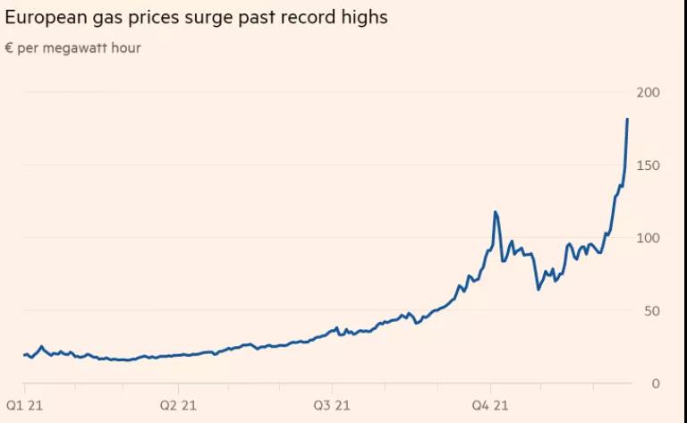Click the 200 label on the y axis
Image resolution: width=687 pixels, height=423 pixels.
649,93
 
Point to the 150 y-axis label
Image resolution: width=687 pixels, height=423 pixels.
649,165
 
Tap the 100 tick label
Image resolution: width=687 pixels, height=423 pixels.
649,238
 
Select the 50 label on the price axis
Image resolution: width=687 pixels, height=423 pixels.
652,310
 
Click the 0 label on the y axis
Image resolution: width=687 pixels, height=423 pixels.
656,383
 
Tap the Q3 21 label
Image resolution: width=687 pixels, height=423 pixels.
332,405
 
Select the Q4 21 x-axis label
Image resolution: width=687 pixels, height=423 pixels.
488,405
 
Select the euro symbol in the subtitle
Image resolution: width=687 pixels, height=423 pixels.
9,48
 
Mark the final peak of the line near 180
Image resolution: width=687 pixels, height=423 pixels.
627,119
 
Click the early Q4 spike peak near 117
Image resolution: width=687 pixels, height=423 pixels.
496,212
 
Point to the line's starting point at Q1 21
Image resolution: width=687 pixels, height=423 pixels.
23,355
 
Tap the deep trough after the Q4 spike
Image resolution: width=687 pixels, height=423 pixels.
539,289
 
